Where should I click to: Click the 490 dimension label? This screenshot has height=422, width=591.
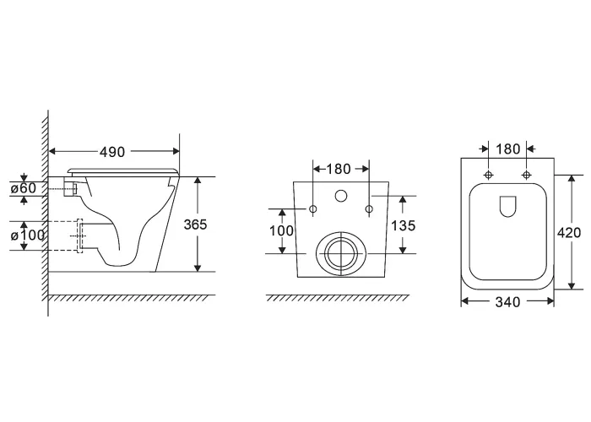tap(112, 152)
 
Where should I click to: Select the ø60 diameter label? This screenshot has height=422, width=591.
tap(24, 188)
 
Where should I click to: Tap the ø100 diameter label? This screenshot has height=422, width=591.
tap(28, 235)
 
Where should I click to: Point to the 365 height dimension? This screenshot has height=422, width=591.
tap(195, 225)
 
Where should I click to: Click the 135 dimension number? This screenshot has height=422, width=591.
tap(403, 225)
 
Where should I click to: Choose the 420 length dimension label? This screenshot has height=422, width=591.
tap(569, 233)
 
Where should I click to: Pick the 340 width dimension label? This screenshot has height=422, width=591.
tap(507, 302)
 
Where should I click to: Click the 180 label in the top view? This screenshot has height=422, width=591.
tap(507, 149)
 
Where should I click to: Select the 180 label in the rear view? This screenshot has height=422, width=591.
tap(338, 169)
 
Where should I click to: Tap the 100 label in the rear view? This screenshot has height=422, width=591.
tap(281, 230)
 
